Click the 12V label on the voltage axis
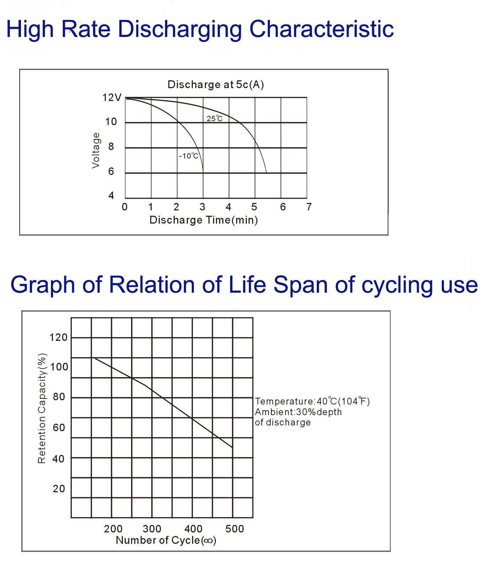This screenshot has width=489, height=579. pos(112,98)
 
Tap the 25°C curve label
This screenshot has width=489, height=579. pos(214,119)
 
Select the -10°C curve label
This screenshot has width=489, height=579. pos(189,156)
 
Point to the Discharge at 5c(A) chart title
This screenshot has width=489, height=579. pos(216,85)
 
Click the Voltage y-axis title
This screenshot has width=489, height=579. pos(96,150)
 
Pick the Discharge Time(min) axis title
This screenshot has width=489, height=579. pos(203,220)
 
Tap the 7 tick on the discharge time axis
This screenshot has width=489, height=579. pos(309,207)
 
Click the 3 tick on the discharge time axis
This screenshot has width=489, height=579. pos(202,207)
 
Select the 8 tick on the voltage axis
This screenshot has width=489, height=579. pos(111,146)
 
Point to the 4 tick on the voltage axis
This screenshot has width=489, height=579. pos(111,195)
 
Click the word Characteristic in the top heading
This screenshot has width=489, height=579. pos(321,29)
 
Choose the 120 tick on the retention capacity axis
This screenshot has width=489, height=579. pos(59,337)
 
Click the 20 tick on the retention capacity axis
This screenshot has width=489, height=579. pos(59,489)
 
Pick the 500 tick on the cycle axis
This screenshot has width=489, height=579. pos(235,529)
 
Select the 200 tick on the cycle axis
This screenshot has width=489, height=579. pos(113,529)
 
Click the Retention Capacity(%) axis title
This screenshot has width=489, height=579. pos(42,408)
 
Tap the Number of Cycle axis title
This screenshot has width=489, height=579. pos(166,540)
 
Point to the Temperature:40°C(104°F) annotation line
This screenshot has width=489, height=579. pos(312,401)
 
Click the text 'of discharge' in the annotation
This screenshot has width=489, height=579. pos(283,422)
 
